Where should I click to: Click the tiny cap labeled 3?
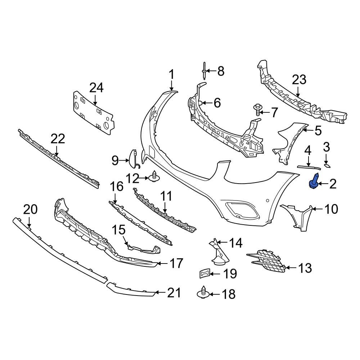click(328, 166)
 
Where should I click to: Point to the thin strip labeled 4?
click(309, 167)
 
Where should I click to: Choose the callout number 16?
click(116, 186)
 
